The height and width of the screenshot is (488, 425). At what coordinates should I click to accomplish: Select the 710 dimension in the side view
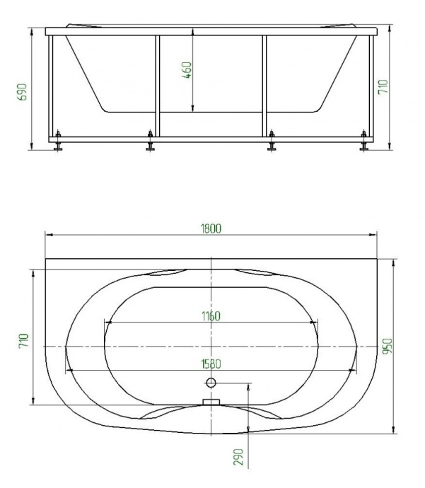(x=383, y=88)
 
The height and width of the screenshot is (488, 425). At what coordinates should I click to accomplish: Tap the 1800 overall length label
(x=211, y=228)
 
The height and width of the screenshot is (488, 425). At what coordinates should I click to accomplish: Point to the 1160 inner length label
(x=211, y=316)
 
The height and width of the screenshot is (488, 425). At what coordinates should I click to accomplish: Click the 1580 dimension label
(x=211, y=365)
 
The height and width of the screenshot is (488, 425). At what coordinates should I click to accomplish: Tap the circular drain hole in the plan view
(x=210, y=383)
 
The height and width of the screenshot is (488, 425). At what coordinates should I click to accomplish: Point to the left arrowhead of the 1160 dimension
(x=107, y=323)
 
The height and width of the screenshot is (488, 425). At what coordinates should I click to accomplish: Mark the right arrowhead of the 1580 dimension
(x=354, y=371)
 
